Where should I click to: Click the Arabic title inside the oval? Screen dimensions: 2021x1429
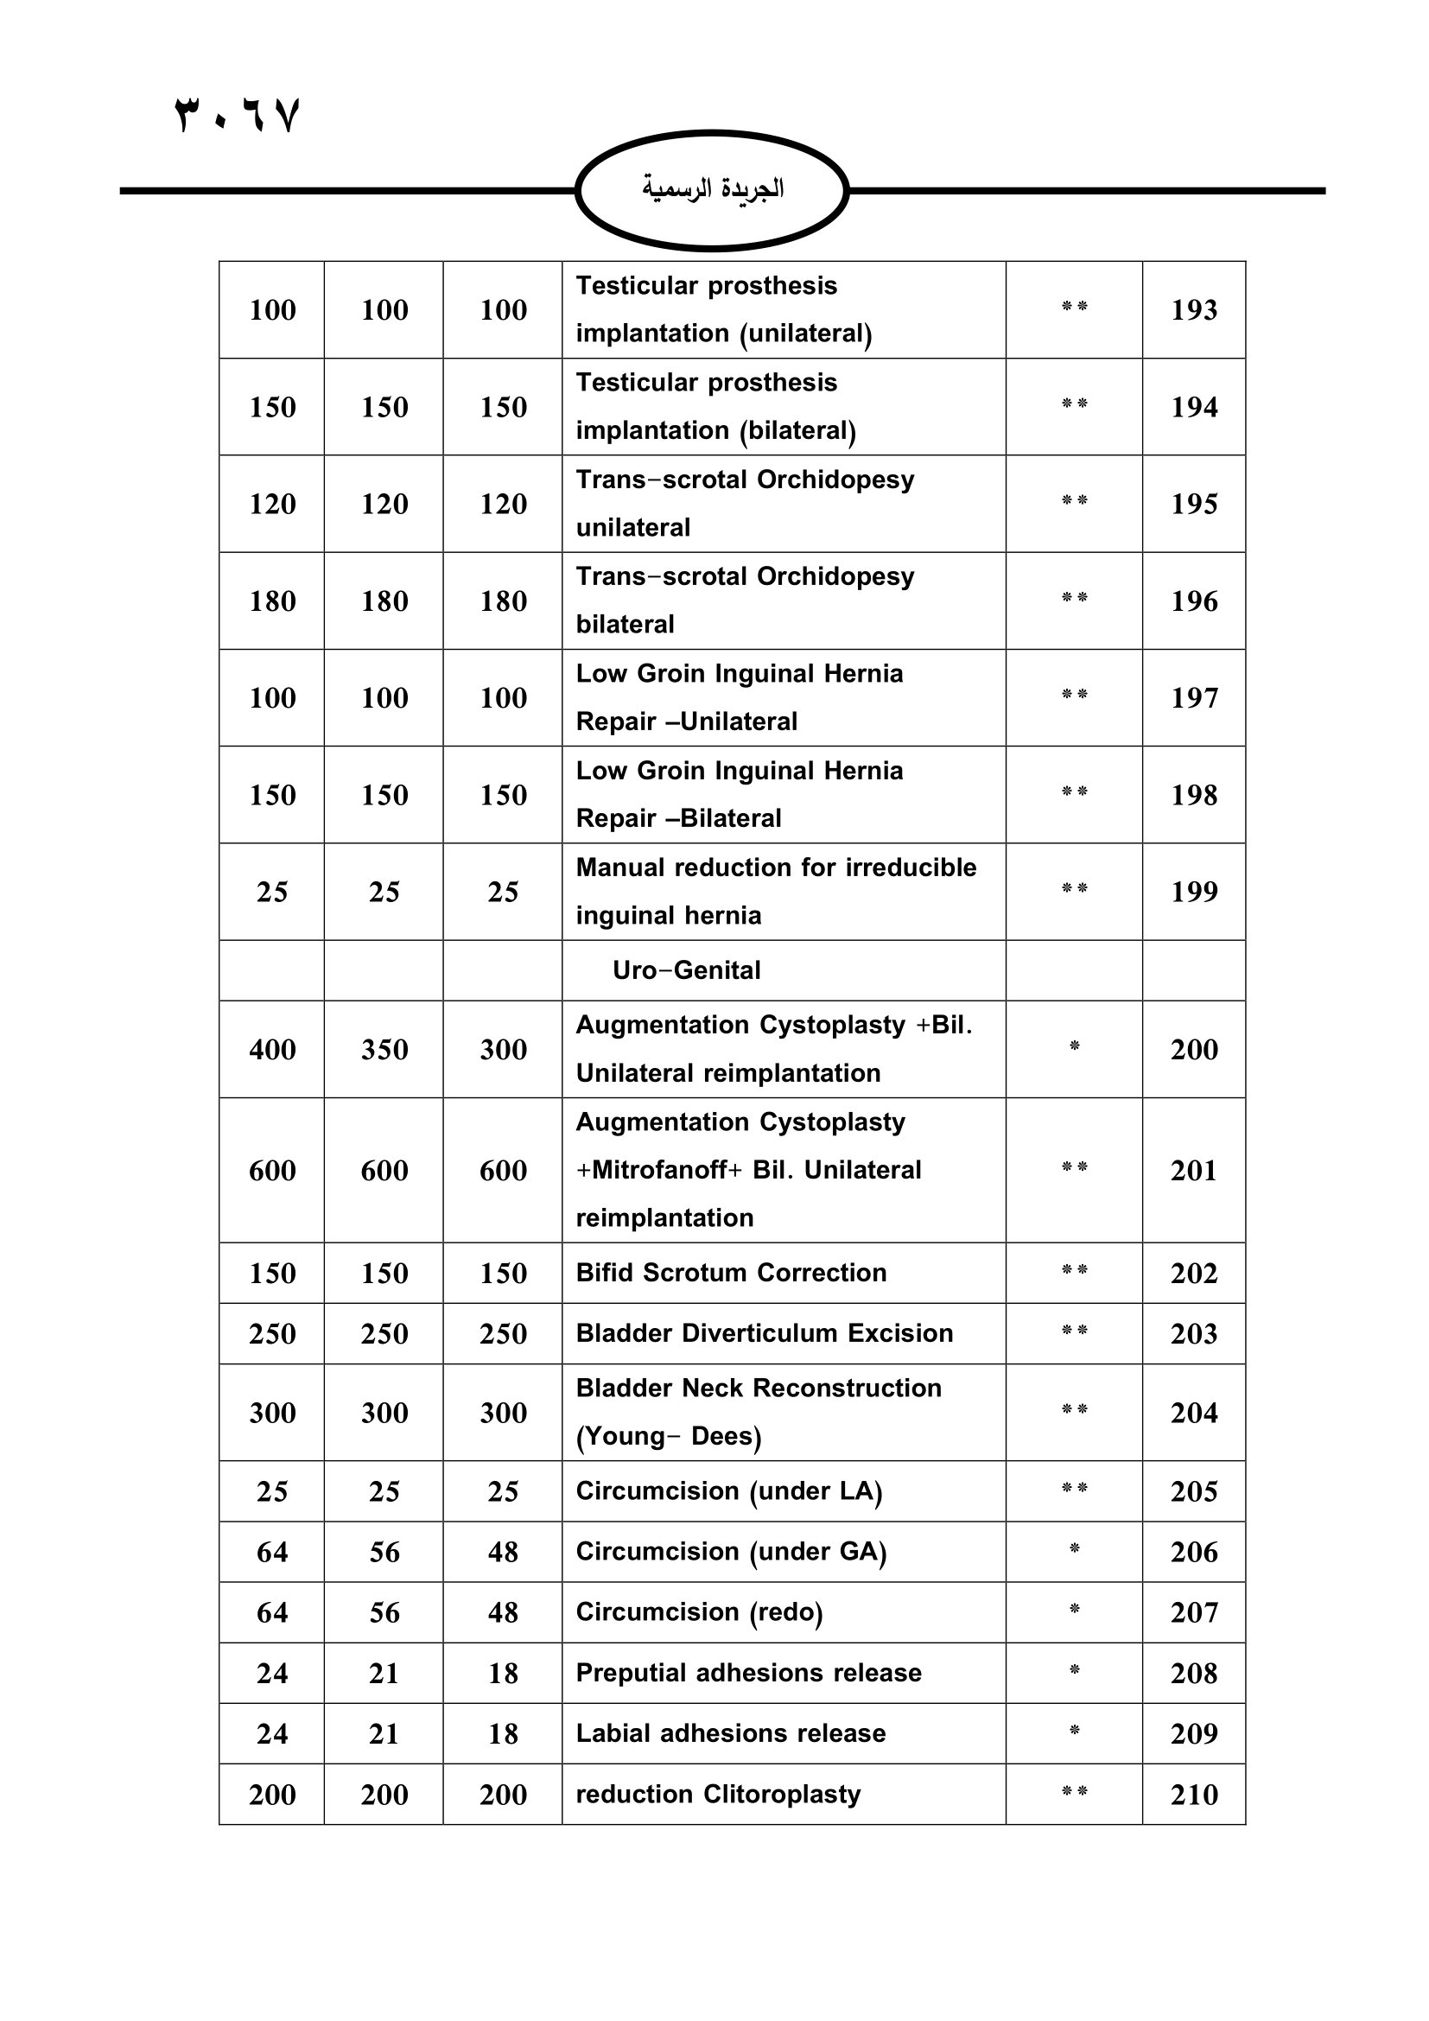[712, 189]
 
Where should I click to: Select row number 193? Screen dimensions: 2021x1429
[1193, 310]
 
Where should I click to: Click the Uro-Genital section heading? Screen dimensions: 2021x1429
[686, 970]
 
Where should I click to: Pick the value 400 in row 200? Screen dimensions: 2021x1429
[272, 1049]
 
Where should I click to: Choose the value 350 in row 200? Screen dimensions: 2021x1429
[384, 1049]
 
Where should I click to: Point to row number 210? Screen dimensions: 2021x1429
[1193, 1794]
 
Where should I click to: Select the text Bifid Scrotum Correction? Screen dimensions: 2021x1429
[730, 1273]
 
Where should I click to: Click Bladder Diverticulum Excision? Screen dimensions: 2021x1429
[764, 1332]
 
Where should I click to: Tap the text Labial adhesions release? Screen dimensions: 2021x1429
[730, 1733]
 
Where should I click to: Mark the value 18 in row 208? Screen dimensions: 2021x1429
[503, 1674]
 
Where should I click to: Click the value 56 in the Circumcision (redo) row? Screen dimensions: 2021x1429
[384, 1612]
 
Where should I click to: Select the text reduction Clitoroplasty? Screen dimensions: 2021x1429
[718, 1794]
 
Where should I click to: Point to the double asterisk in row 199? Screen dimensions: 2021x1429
[1074, 889]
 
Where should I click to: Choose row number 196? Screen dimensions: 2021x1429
[1193, 601]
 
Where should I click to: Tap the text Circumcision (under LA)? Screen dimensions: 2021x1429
[728, 1491]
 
